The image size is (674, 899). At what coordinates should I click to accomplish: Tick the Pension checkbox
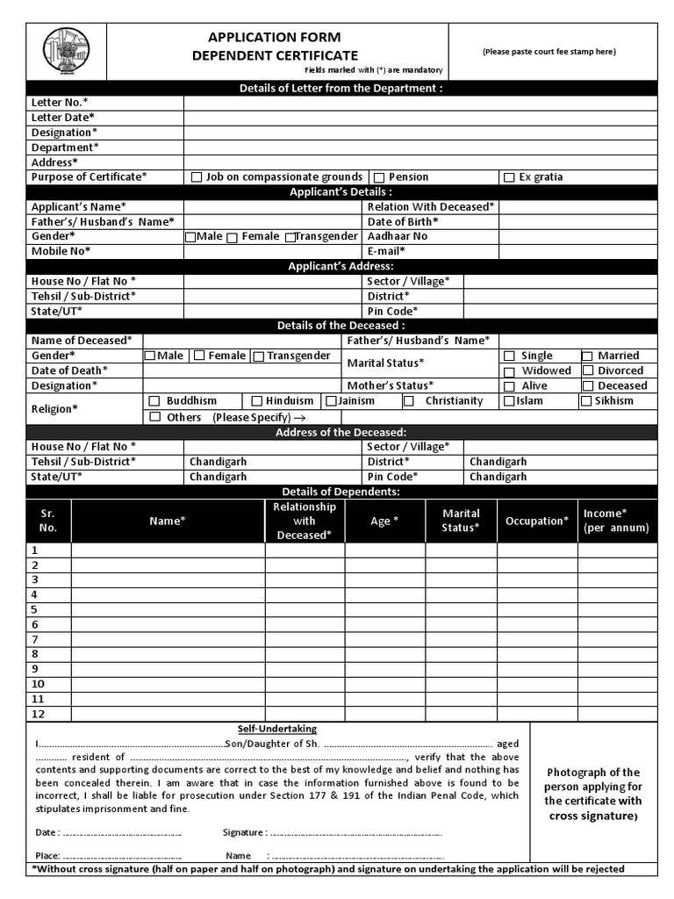pos(379,177)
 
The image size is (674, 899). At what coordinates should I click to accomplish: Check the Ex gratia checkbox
pos(509,177)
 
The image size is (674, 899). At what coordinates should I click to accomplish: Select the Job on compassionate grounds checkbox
pos(197,177)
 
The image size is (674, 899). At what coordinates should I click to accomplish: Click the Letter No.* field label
pos(60,102)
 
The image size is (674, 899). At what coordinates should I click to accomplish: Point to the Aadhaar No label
pos(398,236)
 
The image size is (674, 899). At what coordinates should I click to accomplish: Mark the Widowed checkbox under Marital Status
pos(509,371)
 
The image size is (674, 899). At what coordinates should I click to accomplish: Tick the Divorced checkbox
pos(585,371)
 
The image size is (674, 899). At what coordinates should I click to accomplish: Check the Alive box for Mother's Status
pos(509,386)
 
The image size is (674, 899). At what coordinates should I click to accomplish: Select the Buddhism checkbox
pos(154,401)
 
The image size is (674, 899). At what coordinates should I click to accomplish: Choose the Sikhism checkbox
pos(585,401)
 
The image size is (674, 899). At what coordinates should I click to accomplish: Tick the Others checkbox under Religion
pos(154,417)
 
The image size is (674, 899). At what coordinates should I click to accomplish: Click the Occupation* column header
pos(536,521)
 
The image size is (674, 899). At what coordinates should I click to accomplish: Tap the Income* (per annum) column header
pos(616,521)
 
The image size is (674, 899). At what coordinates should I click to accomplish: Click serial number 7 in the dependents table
pos(35,639)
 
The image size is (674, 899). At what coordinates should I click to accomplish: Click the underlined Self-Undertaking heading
pos(277,729)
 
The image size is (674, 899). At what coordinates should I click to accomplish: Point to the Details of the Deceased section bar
pos(341,326)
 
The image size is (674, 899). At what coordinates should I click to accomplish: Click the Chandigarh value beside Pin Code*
pos(498,477)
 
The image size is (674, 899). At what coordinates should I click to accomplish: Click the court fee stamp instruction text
pos(549,52)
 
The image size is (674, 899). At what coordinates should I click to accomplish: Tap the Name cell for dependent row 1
pos(168,550)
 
